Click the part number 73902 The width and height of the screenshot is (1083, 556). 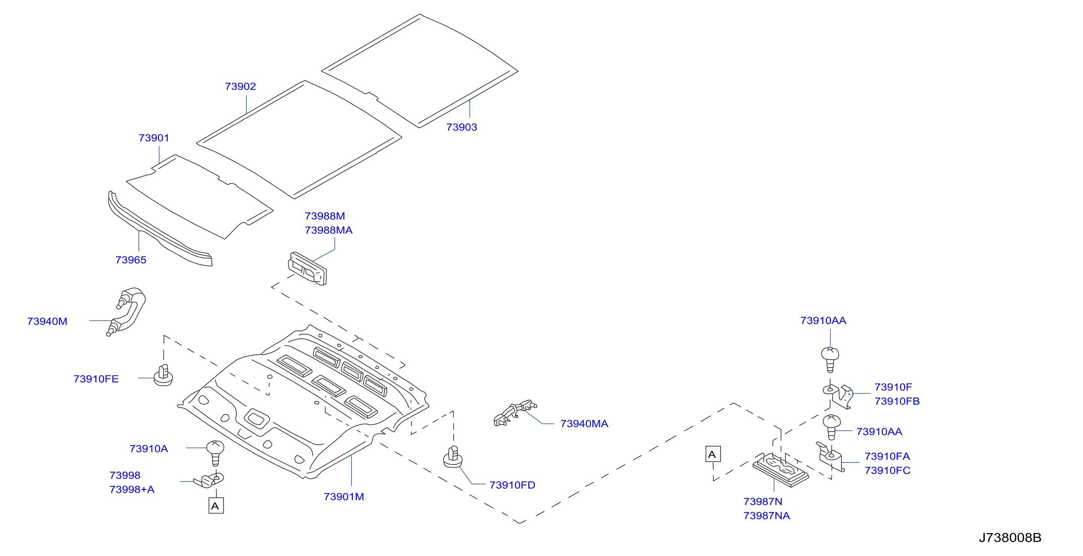[240, 87]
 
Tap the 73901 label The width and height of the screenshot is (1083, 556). [154, 138]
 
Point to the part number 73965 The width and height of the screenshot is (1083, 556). [131, 260]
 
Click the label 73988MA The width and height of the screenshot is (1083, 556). [328, 230]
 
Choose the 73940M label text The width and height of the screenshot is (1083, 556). [47, 321]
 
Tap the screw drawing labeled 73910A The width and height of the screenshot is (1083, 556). [215, 453]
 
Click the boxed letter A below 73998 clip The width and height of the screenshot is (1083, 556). [216, 505]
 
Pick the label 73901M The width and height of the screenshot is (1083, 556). [344, 497]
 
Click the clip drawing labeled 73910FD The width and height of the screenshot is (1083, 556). [453, 457]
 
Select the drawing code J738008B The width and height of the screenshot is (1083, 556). [1010, 538]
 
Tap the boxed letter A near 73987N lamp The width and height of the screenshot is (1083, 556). [713, 454]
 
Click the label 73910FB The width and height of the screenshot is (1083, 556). [897, 402]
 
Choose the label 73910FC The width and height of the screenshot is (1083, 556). [887, 471]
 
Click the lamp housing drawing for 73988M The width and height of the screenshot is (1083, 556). [307, 268]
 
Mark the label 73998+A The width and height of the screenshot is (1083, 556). [132, 490]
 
